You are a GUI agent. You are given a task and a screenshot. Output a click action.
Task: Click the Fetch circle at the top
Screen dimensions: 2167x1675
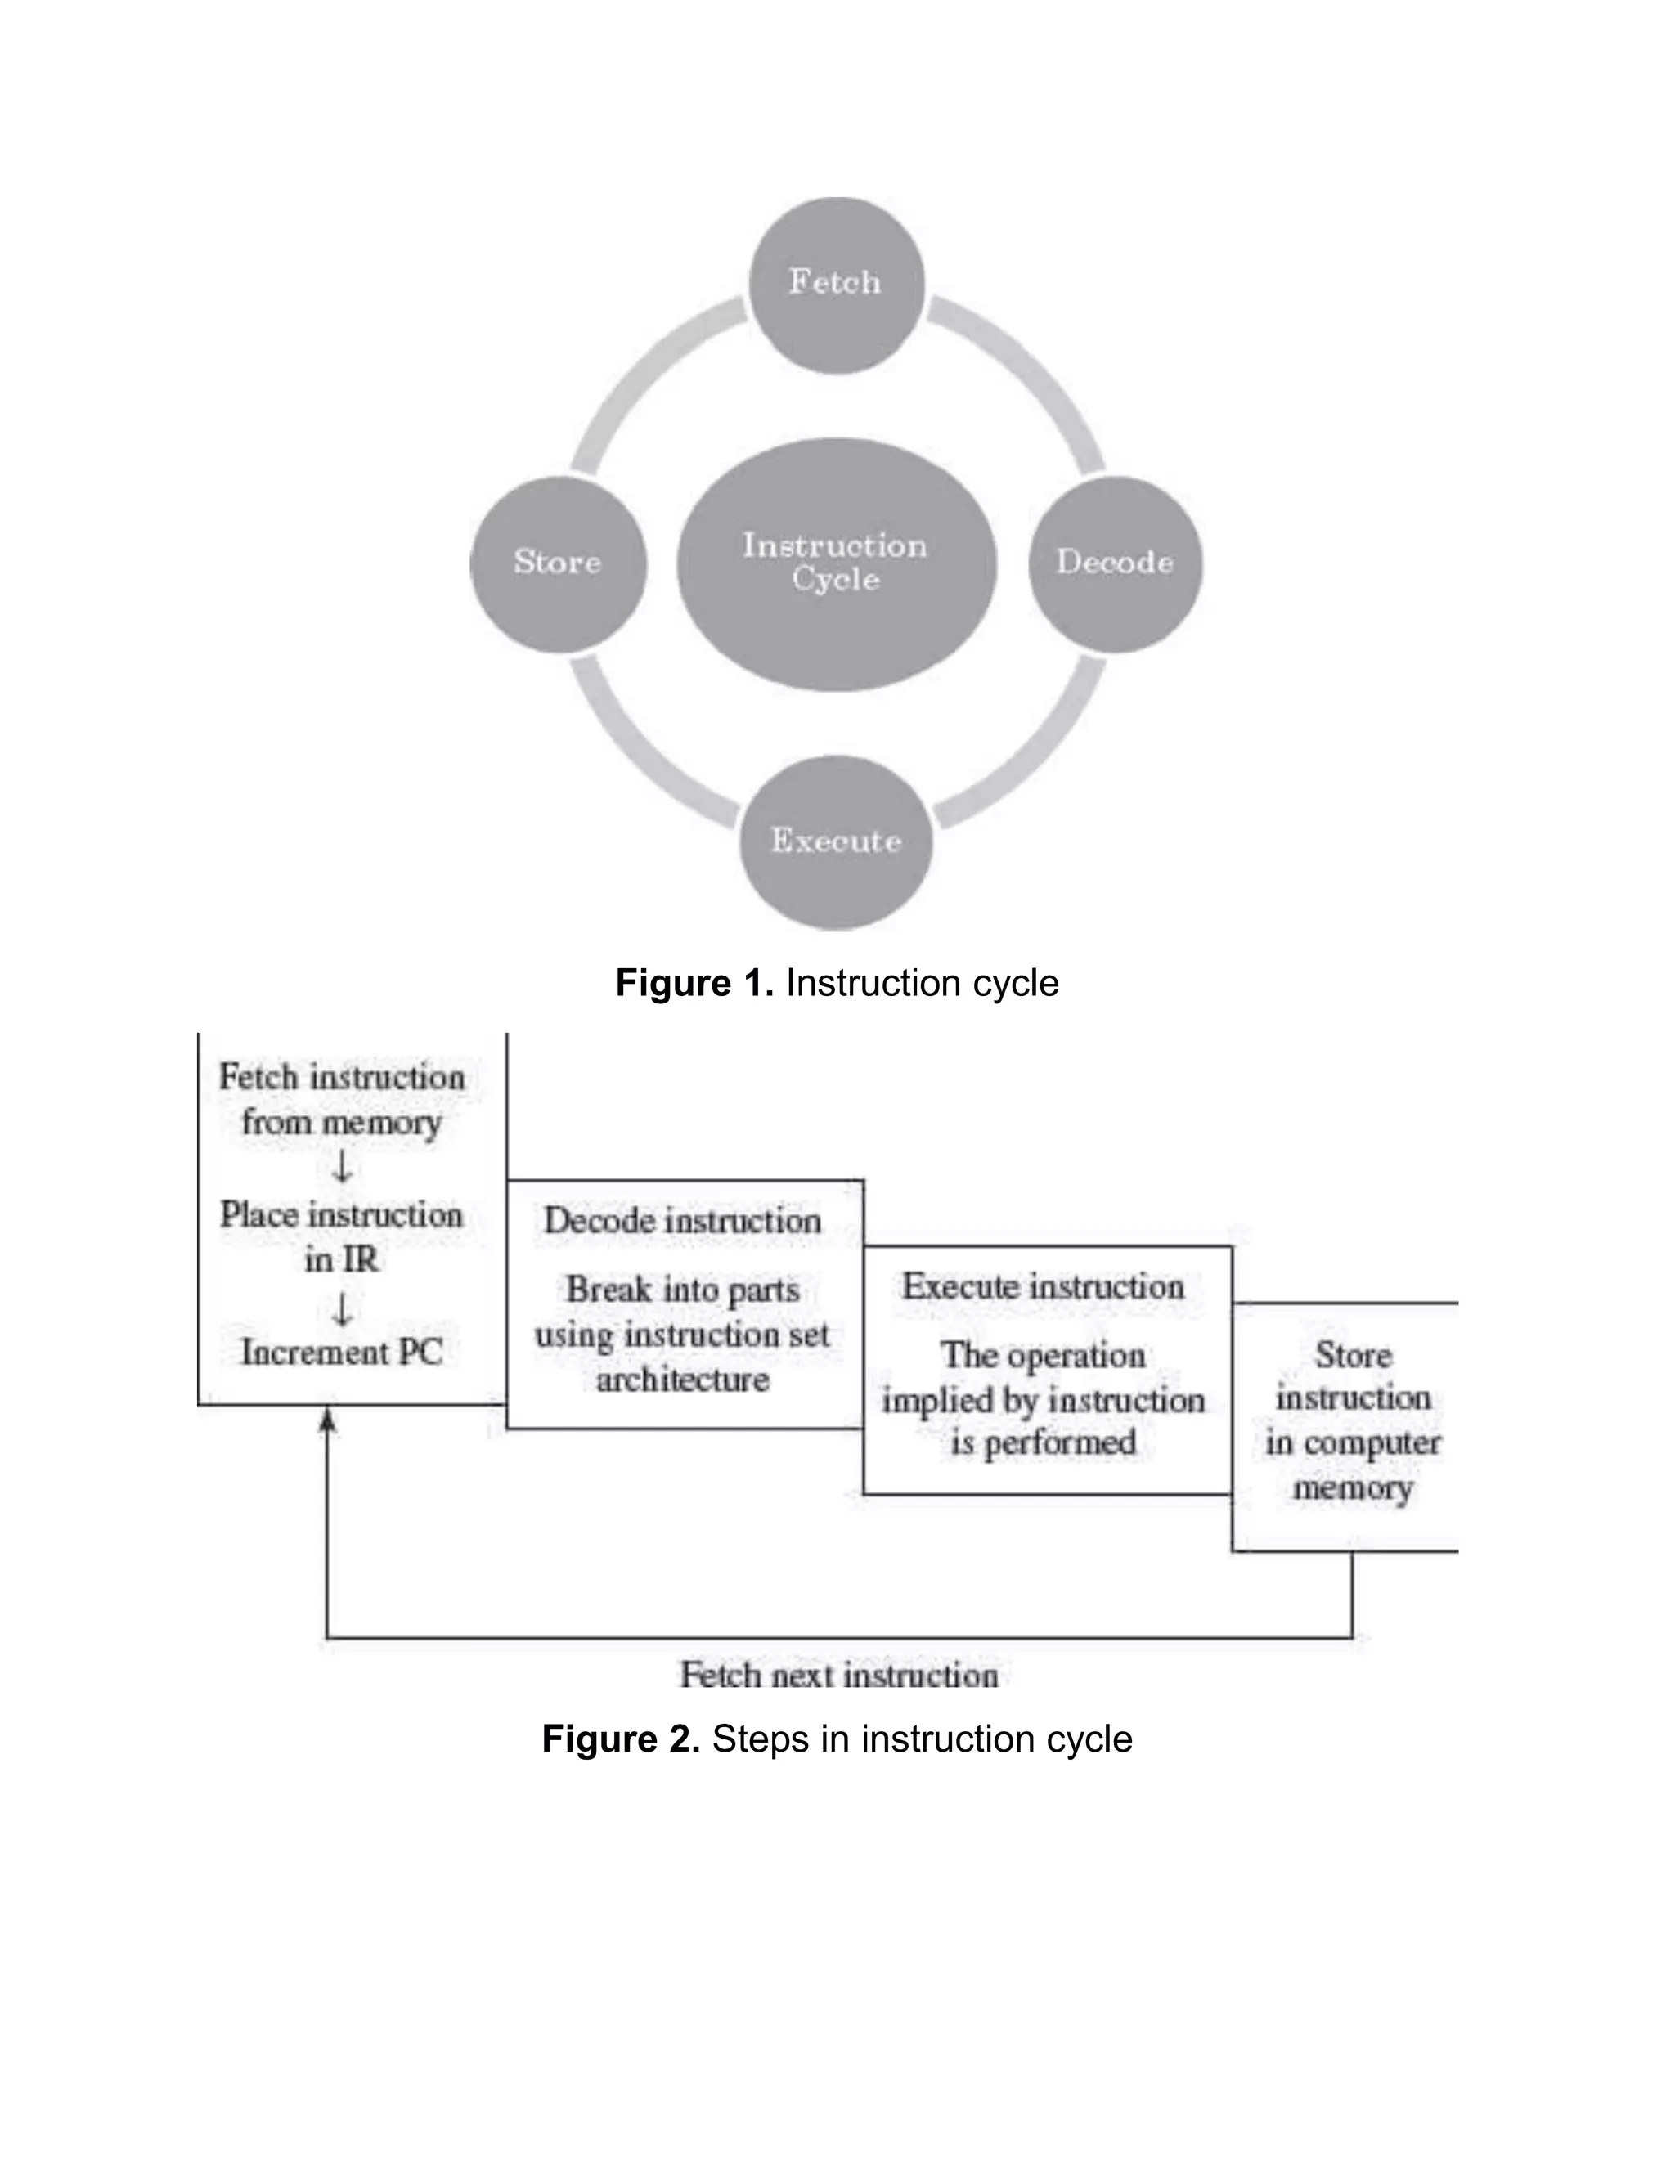pos(837,284)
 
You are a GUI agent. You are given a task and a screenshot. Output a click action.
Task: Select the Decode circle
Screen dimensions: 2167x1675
pos(1115,563)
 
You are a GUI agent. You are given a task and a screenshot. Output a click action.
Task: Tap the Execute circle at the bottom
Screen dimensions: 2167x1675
pos(837,841)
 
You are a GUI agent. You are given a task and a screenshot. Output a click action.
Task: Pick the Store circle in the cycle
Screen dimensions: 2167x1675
pos(558,563)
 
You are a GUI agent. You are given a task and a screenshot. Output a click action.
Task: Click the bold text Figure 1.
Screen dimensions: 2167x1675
pos(694,983)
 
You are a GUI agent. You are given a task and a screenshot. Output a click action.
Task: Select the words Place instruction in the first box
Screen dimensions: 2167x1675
pos(341,1215)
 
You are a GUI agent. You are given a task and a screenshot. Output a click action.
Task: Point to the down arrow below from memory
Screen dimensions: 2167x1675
pos(341,1168)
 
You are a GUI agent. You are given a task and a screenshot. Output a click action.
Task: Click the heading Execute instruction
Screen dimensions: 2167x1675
pos(1043,1288)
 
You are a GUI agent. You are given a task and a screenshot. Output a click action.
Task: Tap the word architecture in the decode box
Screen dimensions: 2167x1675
pos(683,1380)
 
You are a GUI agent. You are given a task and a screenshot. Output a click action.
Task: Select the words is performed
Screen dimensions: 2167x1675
pos(1043,1442)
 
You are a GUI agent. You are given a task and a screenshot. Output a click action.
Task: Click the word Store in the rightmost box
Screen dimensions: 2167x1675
pos(1354,1355)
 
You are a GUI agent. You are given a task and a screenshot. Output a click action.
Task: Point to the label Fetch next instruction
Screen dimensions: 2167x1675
pos(838,1676)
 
